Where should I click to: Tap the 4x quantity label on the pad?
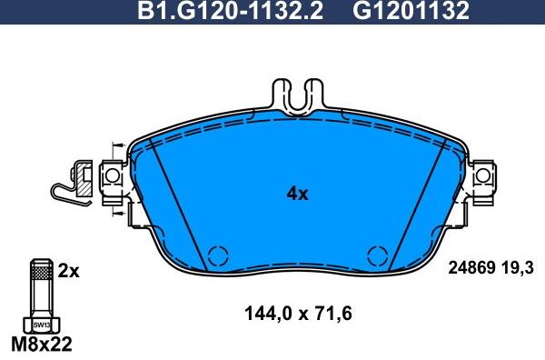(298, 194)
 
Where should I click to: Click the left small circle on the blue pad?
(216, 256)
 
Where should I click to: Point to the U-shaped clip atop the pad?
(298, 96)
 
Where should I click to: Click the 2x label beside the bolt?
(69, 270)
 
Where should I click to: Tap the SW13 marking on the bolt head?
(40, 323)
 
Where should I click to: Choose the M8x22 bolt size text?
(39, 345)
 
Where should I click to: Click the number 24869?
(472, 266)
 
